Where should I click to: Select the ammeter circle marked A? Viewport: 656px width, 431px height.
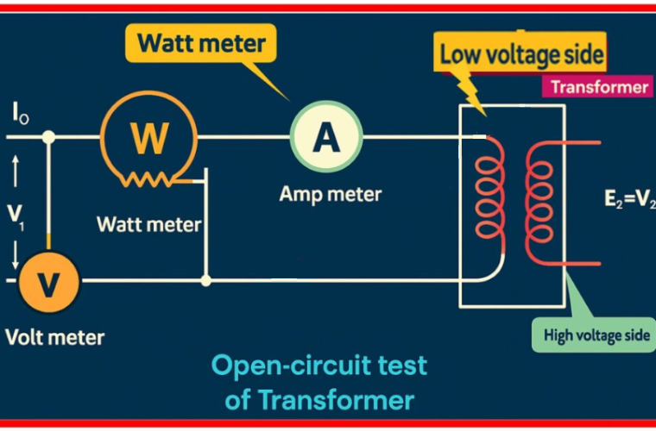click(x=326, y=136)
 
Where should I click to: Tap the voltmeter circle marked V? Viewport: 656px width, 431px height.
click(x=47, y=282)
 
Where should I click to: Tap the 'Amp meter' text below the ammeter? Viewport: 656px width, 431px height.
click(x=330, y=194)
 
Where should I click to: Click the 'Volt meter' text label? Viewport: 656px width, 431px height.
click(x=54, y=337)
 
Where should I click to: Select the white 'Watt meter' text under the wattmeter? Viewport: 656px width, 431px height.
click(x=148, y=225)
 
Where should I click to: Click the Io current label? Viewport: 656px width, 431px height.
click(x=21, y=114)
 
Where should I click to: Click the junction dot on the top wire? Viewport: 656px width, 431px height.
click(x=49, y=136)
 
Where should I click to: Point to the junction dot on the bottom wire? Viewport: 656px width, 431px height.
click(x=205, y=280)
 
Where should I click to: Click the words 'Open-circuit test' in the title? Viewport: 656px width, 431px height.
click(x=319, y=366)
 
